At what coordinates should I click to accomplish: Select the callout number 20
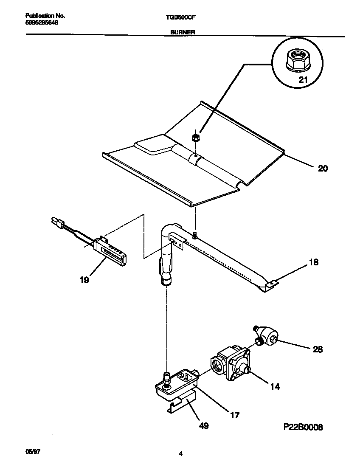(323, 169)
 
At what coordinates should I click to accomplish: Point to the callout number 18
(313, 262)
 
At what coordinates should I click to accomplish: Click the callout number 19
(84, 280)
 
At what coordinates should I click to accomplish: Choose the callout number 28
(317, 349)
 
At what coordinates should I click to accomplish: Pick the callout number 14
(275, 387)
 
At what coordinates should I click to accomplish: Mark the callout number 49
(204, 425)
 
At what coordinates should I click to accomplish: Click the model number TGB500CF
(180, 17)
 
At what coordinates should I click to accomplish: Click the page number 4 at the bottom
(180, 453)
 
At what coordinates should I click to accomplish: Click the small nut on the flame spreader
(195, 138)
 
